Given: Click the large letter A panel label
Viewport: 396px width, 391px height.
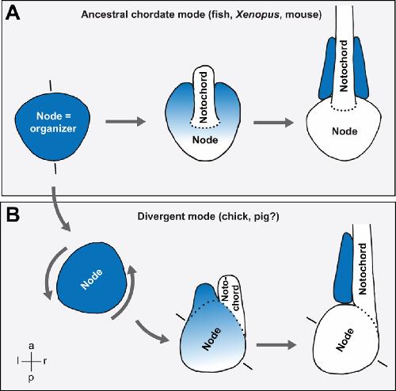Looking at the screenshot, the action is point(13,13).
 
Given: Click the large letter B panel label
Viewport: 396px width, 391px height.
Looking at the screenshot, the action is point(13,215).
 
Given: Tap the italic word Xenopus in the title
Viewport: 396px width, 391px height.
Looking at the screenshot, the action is point(257,14).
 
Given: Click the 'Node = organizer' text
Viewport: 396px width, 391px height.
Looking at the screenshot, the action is point(53,122).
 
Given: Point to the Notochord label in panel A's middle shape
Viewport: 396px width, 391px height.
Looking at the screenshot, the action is point(204,97).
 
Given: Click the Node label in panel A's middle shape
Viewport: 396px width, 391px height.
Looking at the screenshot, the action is point(205,139).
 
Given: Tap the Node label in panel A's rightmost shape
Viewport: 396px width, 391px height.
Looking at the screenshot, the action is point(345,131).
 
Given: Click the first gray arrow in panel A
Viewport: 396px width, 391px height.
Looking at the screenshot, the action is point(126,122).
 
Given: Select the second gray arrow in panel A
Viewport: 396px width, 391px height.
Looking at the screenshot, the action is point(273,123).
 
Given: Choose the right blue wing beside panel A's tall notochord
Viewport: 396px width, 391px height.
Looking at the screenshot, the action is point(361,68).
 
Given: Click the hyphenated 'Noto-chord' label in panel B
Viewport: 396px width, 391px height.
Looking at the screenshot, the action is point(230,294).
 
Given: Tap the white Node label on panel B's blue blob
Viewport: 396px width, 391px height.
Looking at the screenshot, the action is point(91,279).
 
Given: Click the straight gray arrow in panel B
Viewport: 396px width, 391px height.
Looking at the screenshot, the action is point(276,345).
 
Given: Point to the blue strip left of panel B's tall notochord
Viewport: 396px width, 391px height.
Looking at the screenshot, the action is point(344,268).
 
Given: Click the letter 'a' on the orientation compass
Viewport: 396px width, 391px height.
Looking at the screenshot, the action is point(32,346).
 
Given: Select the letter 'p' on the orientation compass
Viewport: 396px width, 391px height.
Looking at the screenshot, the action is point(31,378).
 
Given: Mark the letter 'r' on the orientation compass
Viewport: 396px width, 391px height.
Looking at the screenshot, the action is point(45,361).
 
